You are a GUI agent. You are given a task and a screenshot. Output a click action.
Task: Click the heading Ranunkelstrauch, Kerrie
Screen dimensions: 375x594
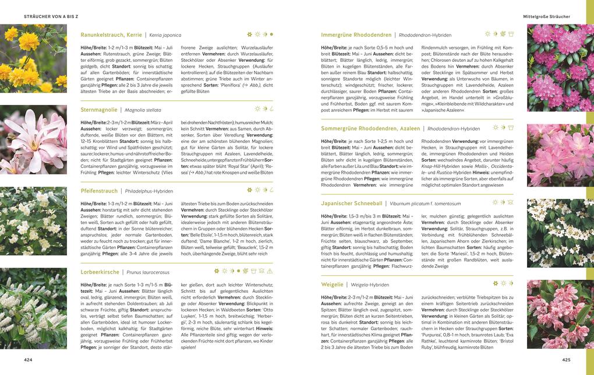pyautogui.click(x=111, y=35)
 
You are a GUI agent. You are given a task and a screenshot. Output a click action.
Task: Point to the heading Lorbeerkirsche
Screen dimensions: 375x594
pyautogui.click(x=100, y=272)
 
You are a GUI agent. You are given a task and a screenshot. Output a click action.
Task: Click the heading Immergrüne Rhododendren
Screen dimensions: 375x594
pyautogui.click(x=357, y=35)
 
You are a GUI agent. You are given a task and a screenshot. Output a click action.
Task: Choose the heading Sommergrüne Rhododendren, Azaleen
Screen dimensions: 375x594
pyautogui.click(x=371, y=128)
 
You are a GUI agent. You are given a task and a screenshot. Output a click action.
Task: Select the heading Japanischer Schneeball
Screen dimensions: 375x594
pyautogui.click(x=352, y=204)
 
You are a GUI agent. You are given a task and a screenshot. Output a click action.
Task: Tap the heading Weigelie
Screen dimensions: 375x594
pyautogui.click(x=332, y=285)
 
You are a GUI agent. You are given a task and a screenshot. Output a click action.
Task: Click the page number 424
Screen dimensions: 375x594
pyautogui.click(x=28, y=360)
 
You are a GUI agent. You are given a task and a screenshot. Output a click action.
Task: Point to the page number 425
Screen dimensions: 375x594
pyautogui.click(x=565, y=360)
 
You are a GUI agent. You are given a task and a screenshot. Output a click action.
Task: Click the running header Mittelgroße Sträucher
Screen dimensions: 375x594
pyautogui.click(x=546, y=16)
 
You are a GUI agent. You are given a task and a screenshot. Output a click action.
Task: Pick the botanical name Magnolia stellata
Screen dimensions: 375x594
pyautogui.click(x=143, y=110)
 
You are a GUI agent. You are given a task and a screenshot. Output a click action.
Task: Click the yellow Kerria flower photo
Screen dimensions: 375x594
pyautogui.click(x=33, y=58)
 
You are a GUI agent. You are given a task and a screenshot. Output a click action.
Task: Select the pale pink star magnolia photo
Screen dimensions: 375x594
pyautogui.click(x=33, y=140)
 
